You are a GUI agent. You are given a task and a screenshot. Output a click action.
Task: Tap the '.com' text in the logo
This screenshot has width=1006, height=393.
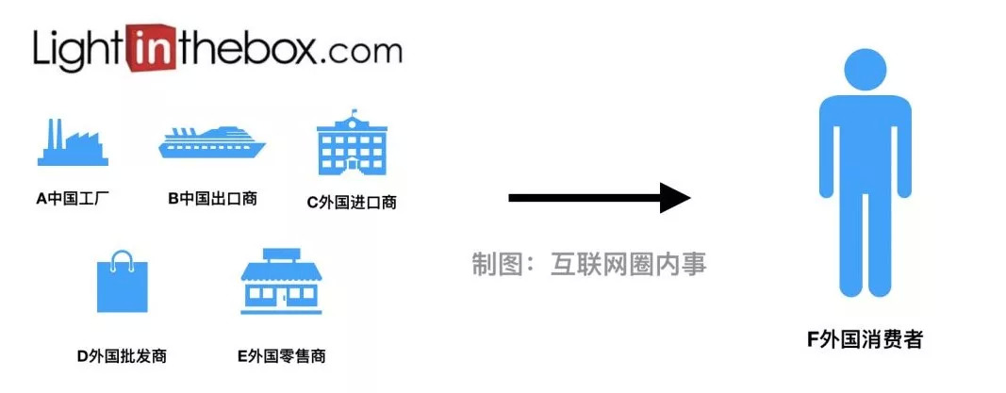pos(359,50)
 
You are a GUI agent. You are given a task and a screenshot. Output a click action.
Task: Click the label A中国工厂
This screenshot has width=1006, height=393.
pos(73,199)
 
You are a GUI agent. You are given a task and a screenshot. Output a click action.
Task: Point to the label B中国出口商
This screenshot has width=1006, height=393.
pos(212,199)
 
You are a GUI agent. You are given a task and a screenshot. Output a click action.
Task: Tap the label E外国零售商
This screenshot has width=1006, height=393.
pos(282,355)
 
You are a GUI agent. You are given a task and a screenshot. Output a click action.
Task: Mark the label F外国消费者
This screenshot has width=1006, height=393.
pos(865,340)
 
